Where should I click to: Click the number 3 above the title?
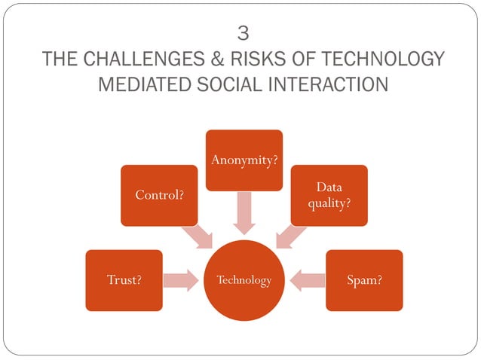[242, 33]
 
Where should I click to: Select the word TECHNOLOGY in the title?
[375, 59]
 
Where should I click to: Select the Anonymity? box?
[244, 160]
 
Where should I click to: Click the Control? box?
[159, 195]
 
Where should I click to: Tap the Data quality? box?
[329, 195]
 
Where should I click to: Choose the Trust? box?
[124, 280]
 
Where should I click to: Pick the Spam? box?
[363, 280]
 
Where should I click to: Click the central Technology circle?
[244, 280]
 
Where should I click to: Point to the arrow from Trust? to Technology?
[182, 280]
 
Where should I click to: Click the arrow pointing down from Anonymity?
[244, 213]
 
